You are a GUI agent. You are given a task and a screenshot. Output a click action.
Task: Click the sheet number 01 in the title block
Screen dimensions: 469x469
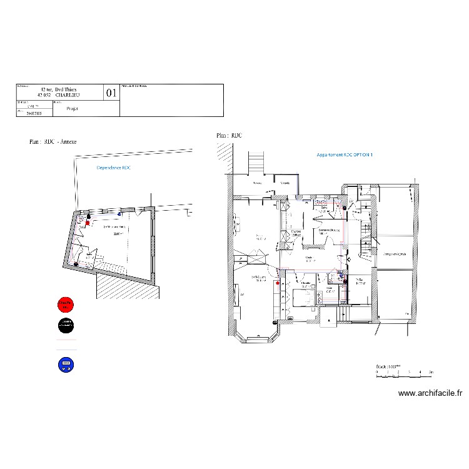point(111,93)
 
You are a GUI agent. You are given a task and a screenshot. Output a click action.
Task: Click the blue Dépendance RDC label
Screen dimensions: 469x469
point(114,168)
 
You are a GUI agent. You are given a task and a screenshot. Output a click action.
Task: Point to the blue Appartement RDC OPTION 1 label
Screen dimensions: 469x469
point(345,154)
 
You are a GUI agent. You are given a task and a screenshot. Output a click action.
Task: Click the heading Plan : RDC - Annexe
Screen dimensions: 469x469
point(53,142)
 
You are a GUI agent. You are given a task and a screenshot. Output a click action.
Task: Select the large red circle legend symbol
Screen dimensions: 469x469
point(65,305)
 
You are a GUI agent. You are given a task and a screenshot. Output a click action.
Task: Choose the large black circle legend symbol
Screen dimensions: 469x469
point(65,324)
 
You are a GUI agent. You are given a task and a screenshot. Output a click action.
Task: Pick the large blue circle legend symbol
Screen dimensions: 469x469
point(65,364)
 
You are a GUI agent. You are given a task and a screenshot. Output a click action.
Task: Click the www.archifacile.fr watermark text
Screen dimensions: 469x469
point(430,393)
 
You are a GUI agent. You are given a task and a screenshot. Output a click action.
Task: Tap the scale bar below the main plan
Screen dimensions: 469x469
point(404,372)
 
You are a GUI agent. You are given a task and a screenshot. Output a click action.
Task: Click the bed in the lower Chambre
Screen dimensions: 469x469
point(306,298)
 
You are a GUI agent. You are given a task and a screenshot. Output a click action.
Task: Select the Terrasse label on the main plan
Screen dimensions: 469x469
point(256,183)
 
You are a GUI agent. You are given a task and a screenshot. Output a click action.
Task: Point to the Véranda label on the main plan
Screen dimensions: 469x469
point(285,183)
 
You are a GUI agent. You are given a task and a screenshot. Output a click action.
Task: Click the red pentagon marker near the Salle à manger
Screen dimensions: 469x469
point(275,283)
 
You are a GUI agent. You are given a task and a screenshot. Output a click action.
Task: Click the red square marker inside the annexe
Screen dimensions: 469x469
point(88,222)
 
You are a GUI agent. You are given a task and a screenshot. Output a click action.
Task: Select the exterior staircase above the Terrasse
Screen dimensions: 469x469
point(257,163)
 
